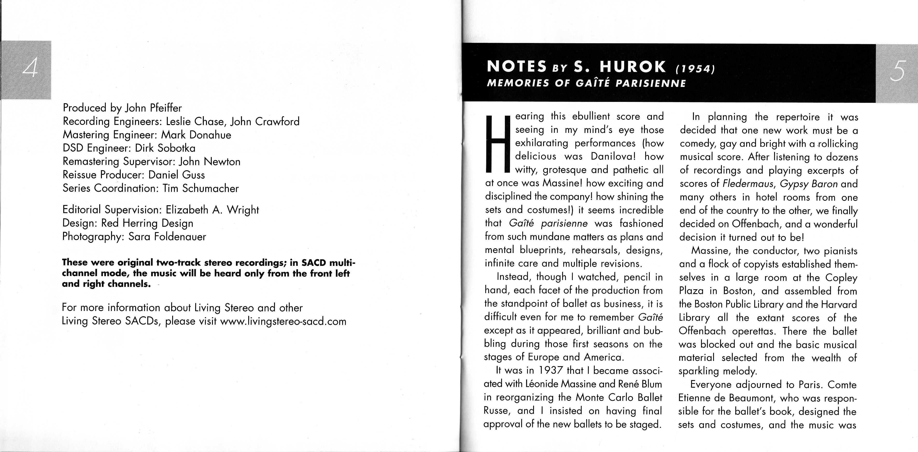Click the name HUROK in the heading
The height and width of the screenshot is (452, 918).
point(633,67)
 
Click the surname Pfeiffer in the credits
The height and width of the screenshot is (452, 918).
point(166,108)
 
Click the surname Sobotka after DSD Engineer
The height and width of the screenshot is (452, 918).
point(177,148)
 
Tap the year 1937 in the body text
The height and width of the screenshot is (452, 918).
point(551,371)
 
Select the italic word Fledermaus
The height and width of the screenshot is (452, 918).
point(749,184)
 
